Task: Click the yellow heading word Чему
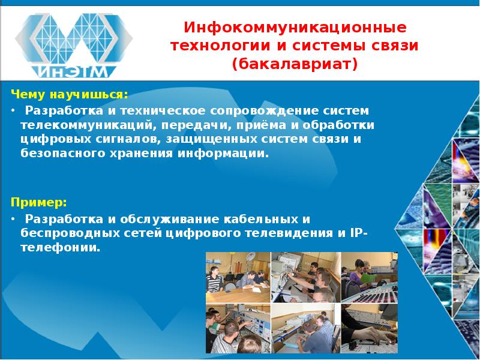[26, 95]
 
